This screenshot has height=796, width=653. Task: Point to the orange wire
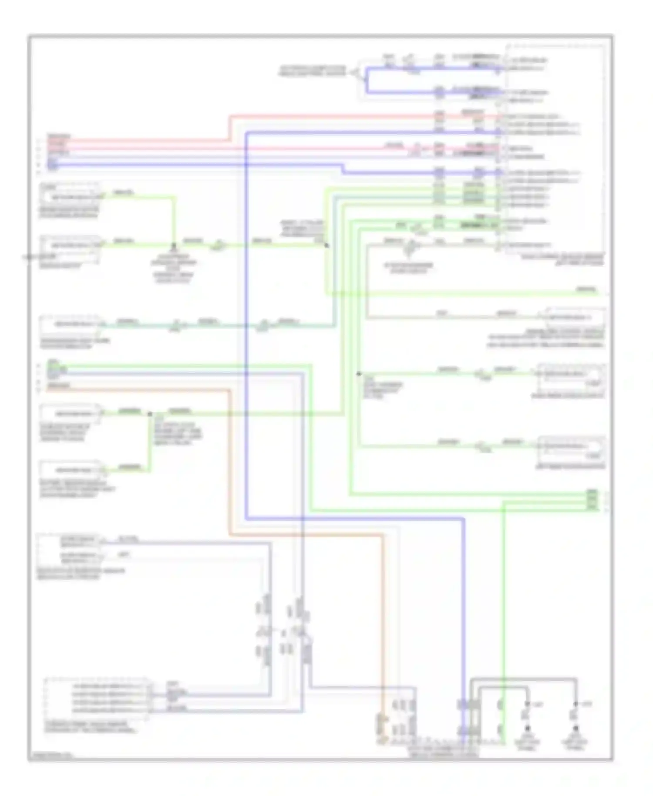[229, 457]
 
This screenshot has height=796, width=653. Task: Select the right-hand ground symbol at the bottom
[576, 728]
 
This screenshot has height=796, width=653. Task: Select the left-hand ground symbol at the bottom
[527, 728]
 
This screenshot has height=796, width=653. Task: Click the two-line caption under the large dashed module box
[562, 260]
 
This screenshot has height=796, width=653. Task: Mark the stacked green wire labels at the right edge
[592, 500]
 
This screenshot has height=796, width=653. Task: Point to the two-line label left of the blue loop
[312, 71]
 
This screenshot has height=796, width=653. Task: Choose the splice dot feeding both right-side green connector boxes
[359, 374]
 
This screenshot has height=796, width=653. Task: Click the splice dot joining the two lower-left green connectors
[150, 414]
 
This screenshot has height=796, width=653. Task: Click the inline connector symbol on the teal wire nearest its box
[176, 325]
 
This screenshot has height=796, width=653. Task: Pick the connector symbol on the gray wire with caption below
[409, 247]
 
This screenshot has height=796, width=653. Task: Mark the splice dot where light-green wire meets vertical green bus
[326, 246]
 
